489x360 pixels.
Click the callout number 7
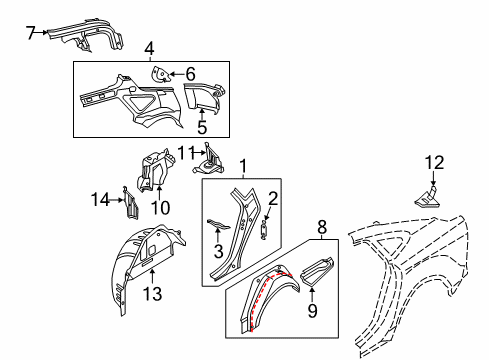point(31,32)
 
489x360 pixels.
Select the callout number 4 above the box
point(150,49)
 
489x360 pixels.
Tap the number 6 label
point(190,74)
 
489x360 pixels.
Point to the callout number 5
point(202,127)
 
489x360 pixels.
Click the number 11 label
point(186,153)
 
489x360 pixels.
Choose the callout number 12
point(434,163)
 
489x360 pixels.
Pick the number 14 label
point(100,200)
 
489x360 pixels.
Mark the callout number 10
point(160,208)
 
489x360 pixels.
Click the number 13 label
point(152,294)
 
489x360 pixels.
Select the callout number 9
point(312,311)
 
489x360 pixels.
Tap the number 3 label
point(218,251)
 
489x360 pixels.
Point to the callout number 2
point(273,199)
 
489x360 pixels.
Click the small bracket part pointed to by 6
point(160,74)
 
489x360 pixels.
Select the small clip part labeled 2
point(264,229)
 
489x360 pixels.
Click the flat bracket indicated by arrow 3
point(218,225)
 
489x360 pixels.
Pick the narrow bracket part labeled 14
point(130,203)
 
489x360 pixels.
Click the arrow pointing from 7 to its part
point(42,32)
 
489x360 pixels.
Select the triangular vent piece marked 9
point(317,271)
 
